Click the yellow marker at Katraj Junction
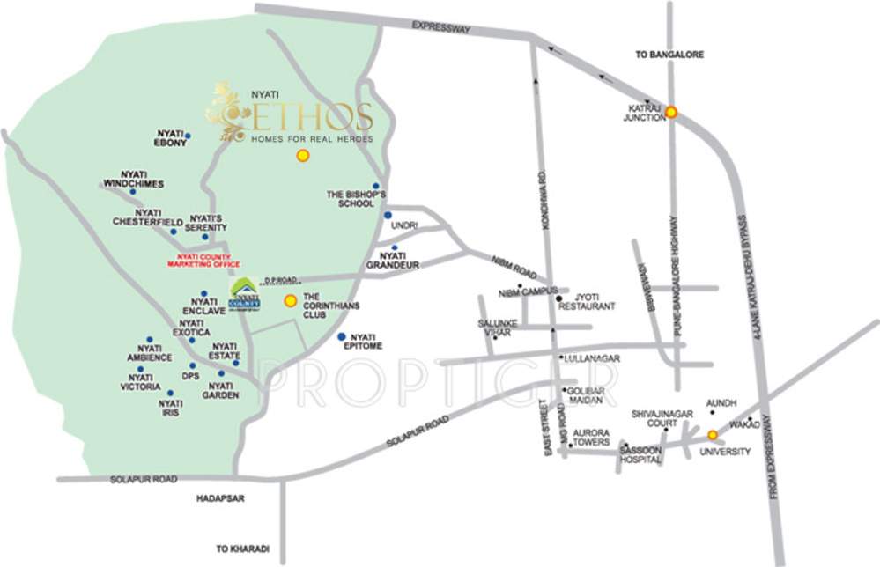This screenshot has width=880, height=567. [671, 112]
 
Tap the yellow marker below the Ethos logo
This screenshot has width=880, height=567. [302, 156]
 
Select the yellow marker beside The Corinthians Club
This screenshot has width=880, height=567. [290, 301]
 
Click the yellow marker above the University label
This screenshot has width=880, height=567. [713, 434]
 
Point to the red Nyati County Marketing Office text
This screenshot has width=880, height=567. [203, 259]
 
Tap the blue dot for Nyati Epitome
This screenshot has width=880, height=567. [342, 337]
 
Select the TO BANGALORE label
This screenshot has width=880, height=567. [669, 55]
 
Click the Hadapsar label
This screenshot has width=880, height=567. [221, 498]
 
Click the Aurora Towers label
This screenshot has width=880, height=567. [591, 438]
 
